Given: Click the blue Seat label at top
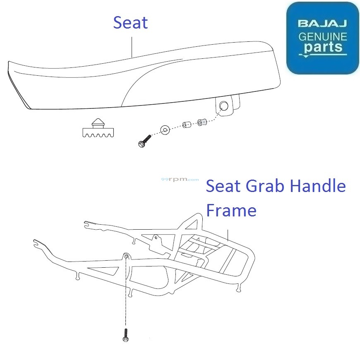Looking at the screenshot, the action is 130,22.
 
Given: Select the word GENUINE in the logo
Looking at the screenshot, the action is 323,37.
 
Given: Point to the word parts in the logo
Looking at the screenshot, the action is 323,47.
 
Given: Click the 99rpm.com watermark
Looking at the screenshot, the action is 180,179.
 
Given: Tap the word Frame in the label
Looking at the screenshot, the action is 231,210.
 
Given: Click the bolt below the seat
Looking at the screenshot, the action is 145,141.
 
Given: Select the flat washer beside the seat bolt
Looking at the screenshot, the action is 165,130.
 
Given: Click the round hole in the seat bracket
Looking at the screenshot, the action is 223,106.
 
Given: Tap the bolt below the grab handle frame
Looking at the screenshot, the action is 126,335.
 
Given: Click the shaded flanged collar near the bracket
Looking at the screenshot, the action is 202,122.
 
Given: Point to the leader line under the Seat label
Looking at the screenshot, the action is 132,47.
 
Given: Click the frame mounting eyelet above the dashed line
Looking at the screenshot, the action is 126,256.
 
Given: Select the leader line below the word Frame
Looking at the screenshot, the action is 228,235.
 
